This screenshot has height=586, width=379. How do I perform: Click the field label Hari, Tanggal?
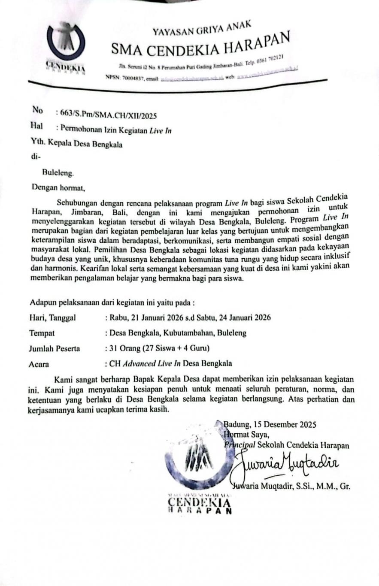52,318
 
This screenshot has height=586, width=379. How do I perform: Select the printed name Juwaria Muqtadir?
264,486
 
